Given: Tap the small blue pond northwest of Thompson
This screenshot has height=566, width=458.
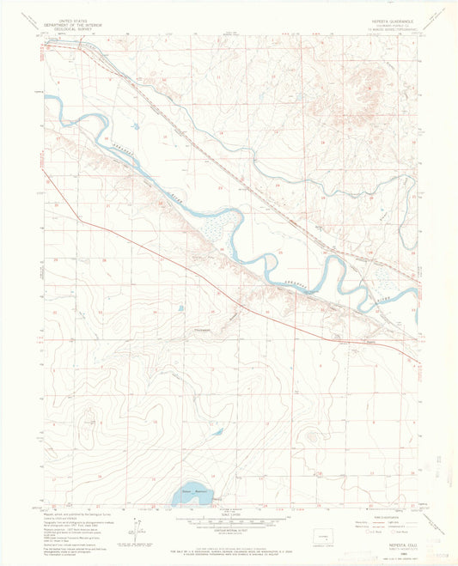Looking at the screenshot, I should [180, 308].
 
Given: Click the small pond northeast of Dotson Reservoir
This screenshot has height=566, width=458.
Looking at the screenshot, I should [217, 433].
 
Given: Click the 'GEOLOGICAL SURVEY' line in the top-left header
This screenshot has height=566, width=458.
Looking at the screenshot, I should [72, 30].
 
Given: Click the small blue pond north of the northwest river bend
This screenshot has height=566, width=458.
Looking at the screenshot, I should [135, 126].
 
